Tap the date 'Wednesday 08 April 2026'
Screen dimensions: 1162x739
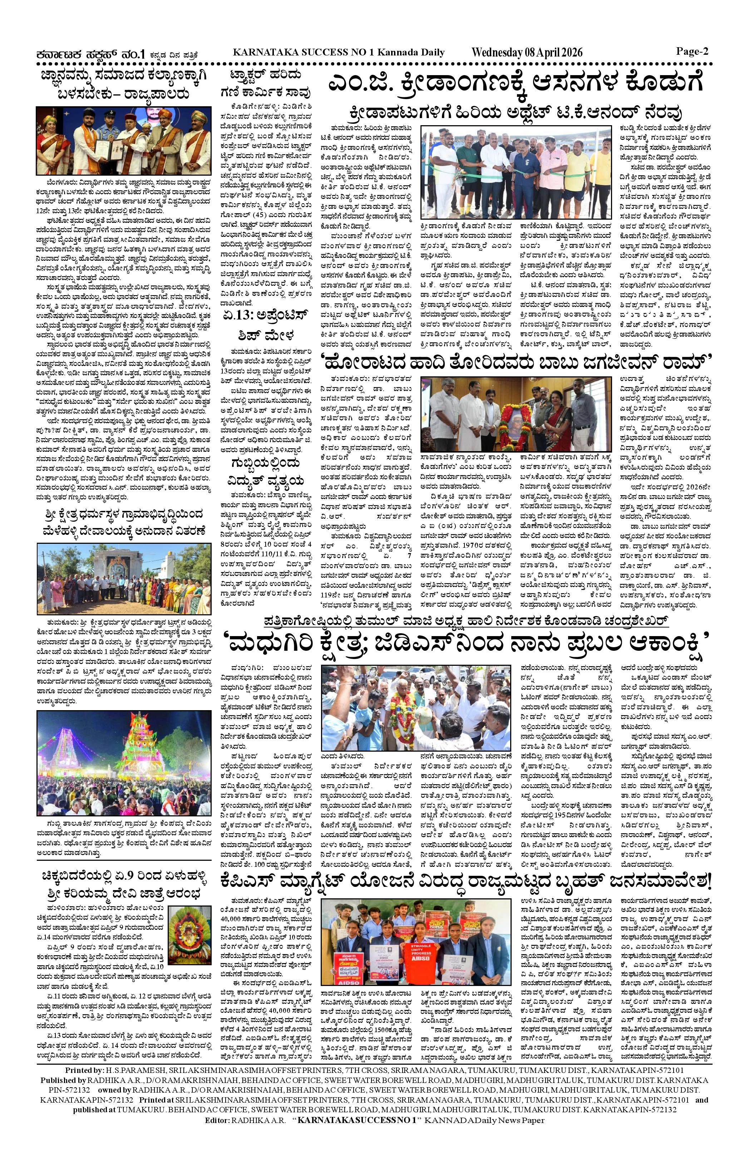coord(527,53)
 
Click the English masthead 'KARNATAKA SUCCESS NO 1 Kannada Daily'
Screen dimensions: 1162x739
coord(338,52)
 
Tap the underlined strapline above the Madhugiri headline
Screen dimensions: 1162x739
coord(492,620)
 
